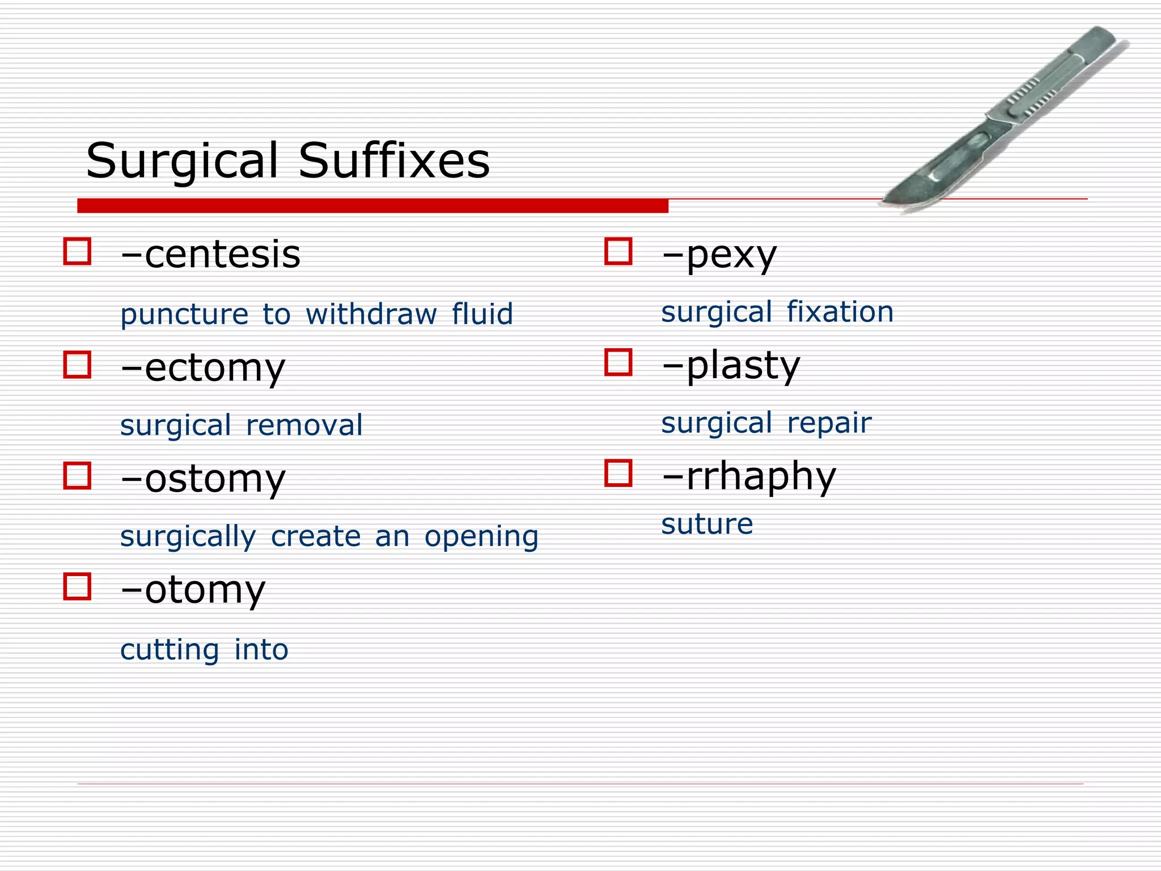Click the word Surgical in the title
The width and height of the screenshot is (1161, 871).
click(182, 161)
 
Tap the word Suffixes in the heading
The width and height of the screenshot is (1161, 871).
click(394, 161)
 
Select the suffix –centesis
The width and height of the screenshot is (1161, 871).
click(210, 255)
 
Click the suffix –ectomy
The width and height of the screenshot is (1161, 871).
click(202, 368)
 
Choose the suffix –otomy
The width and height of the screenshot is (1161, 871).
click(193, 590)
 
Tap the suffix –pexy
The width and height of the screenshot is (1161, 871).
click(719, 255)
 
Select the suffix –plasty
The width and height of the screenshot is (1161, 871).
click(731, 365)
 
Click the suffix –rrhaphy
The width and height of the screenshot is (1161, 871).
click(748, 476)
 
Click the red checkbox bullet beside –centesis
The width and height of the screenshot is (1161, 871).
click(77, 251)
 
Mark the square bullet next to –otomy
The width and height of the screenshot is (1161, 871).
click(77, 586)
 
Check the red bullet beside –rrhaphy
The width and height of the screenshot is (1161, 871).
click(618, 473)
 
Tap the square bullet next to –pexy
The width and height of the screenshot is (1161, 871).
click(618, 251)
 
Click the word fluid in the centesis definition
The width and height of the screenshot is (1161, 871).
click(482, 314)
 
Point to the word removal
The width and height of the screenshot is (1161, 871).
click(304, 425)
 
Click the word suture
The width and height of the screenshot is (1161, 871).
click(707, 523)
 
